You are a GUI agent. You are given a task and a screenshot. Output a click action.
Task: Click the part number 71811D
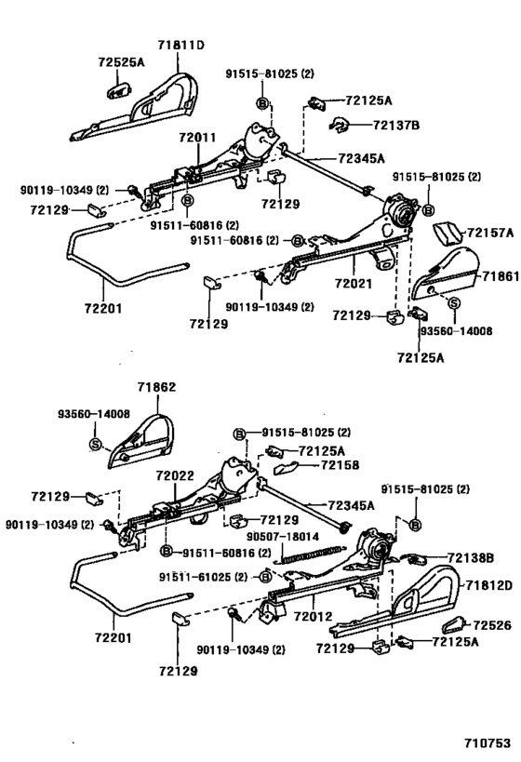[180, 43]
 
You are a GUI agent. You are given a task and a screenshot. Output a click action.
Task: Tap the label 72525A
[120, 61]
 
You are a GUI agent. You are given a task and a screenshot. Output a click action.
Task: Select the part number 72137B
[369, 124]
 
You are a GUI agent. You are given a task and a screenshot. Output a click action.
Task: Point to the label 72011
[198, 137]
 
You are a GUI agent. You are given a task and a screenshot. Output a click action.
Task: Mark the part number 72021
[354, 278]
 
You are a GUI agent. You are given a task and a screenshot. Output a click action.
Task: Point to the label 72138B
[470, 557]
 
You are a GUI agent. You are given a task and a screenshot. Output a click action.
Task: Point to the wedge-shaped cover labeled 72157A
[449, 233]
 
